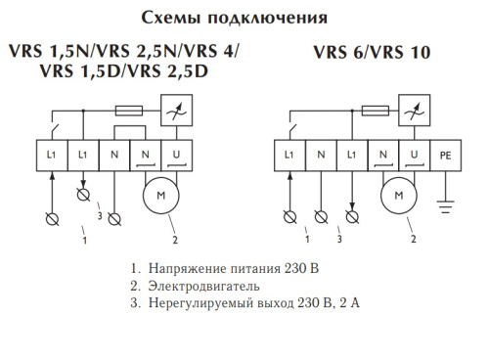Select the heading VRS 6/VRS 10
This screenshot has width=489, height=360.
point(373,53)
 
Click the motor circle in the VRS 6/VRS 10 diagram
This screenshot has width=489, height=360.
point(398,196)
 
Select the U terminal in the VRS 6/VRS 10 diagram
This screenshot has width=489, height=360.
point(416,155)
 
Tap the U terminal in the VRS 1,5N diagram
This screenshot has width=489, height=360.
point(178,155)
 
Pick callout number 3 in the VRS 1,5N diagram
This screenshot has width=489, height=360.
point(100,216)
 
